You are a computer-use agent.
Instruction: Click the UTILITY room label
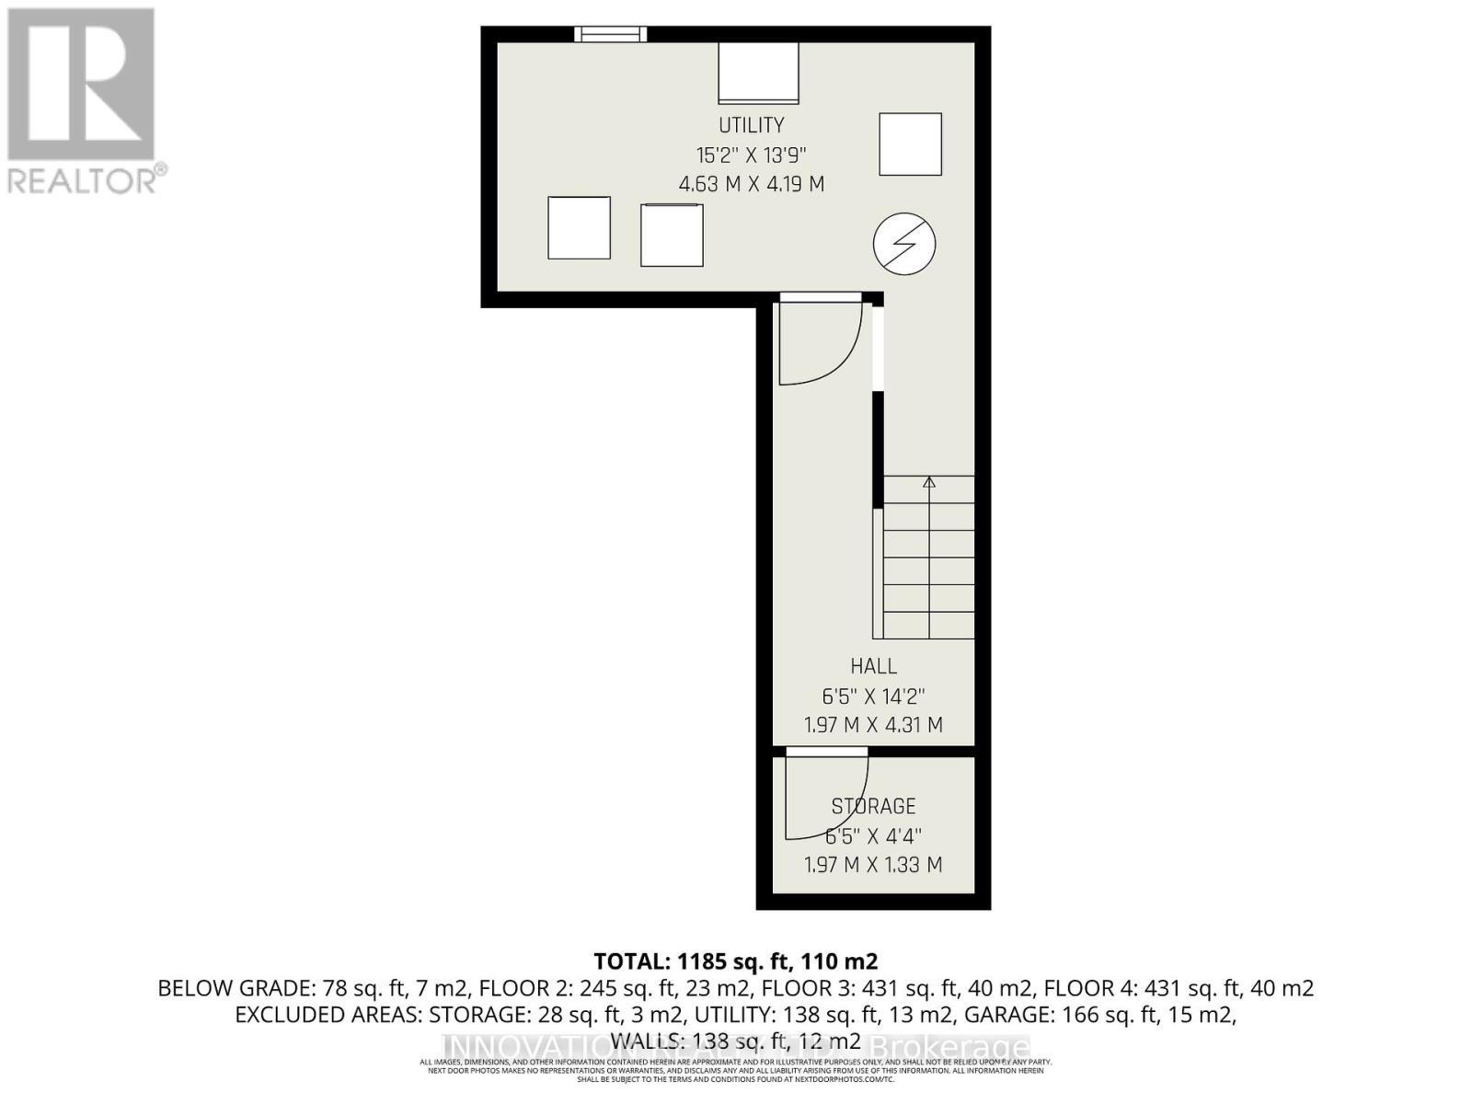[x=751, y=125]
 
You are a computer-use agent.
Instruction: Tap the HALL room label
[x=873, y=666]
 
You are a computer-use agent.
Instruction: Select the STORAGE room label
[x=873, y=807]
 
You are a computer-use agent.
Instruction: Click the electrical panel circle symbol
[x=904, y=244]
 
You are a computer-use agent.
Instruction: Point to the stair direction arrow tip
[x=929, y=480]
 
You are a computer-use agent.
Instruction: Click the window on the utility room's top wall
[x=611, y=34]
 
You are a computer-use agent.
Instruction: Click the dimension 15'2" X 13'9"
[x=751, y=155]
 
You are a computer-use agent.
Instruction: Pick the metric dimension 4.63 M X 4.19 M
[x=751, y=184]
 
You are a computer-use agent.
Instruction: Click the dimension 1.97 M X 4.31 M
[x=873, y=725]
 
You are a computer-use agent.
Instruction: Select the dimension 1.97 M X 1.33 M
[x=873, y=865]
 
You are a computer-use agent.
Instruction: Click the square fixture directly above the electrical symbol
[x=910, y=144]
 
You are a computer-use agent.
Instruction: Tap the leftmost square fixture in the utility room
[x=579, y=228]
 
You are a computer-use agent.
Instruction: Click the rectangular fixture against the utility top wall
[x=758, y=73]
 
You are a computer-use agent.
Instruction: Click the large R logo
[x=81, y=85]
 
